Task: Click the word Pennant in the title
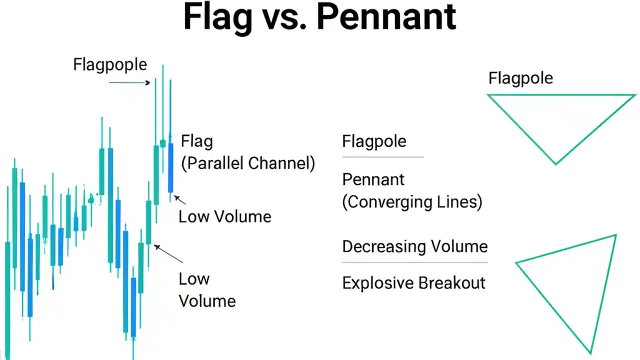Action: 386,18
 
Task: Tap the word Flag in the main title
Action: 217,18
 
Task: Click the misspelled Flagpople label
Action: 110,65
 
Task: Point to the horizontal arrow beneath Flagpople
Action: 129,82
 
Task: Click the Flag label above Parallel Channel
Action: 197,141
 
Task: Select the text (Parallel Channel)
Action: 248,163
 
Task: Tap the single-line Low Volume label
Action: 225,217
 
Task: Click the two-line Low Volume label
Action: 207,290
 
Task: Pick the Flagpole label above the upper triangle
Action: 520,78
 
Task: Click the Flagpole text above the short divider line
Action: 374,141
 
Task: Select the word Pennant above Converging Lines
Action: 373,179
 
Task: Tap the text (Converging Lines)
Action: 412,202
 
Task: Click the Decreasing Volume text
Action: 414,246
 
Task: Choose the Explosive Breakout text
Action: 413,283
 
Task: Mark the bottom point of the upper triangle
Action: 555,163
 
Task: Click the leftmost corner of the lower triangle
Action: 516,262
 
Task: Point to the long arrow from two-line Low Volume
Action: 168,254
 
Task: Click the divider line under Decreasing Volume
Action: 414,262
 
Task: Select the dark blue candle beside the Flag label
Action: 170,167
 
